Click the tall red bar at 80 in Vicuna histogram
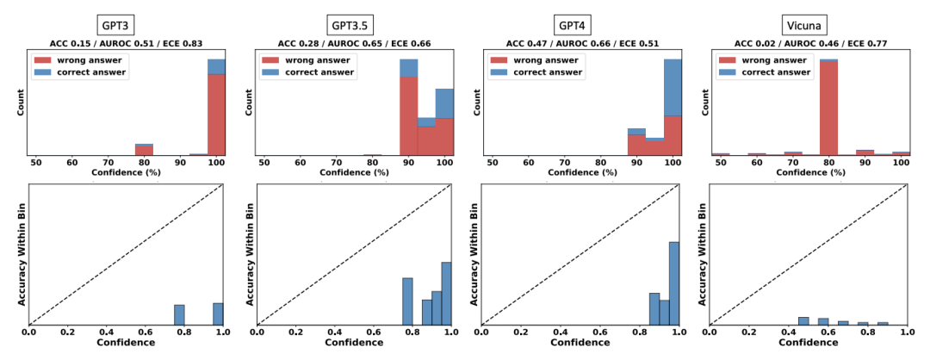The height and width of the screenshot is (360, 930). pos(828,108)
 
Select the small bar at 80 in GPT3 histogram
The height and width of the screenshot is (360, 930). pos(144,151)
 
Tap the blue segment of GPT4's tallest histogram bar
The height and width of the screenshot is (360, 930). pos(673,86)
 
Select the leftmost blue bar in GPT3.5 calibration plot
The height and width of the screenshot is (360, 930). pos(407,301)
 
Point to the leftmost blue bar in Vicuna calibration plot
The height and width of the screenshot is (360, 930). pos(803,321)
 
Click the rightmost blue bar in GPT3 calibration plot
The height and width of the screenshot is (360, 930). pos(218,314)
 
